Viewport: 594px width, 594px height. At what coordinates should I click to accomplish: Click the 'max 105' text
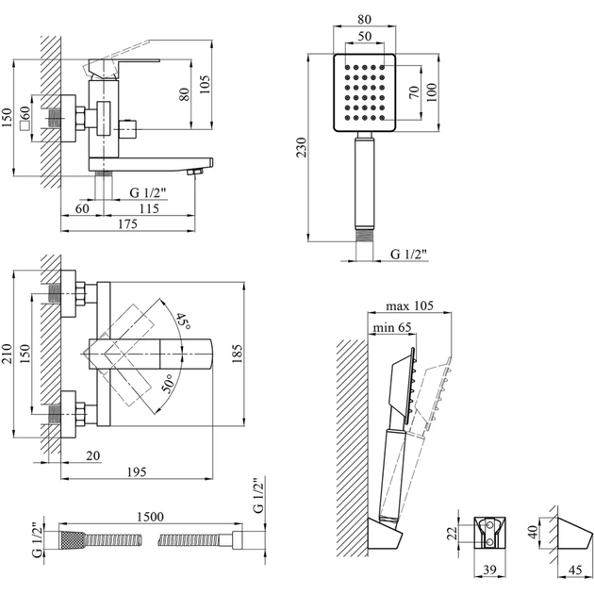[x=408, y=306]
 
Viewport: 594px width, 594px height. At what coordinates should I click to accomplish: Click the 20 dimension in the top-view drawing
[x=93, y=455]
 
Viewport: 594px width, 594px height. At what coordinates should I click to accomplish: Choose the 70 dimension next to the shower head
[x=412, y=92]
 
